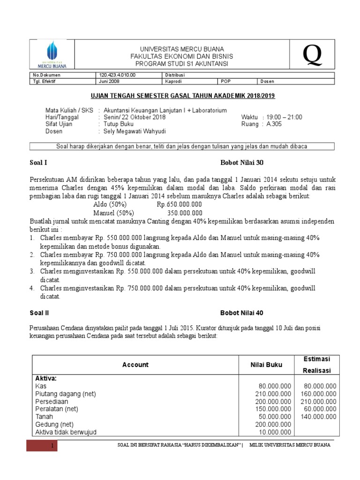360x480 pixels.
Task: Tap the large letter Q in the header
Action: pyautogui.click(x=312, y=56)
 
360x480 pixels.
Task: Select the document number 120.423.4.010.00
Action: pyautogui.click(x=117, y=75)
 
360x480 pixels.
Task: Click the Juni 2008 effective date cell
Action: pyautogui.click(x=110, y=82)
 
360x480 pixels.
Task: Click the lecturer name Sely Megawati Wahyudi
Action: pyautogui.click(x=135, y=131)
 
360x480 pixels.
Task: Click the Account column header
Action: pyautogui.click(x=135, y=365)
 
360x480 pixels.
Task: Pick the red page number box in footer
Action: pyautogui.click(x=42, y=445)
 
